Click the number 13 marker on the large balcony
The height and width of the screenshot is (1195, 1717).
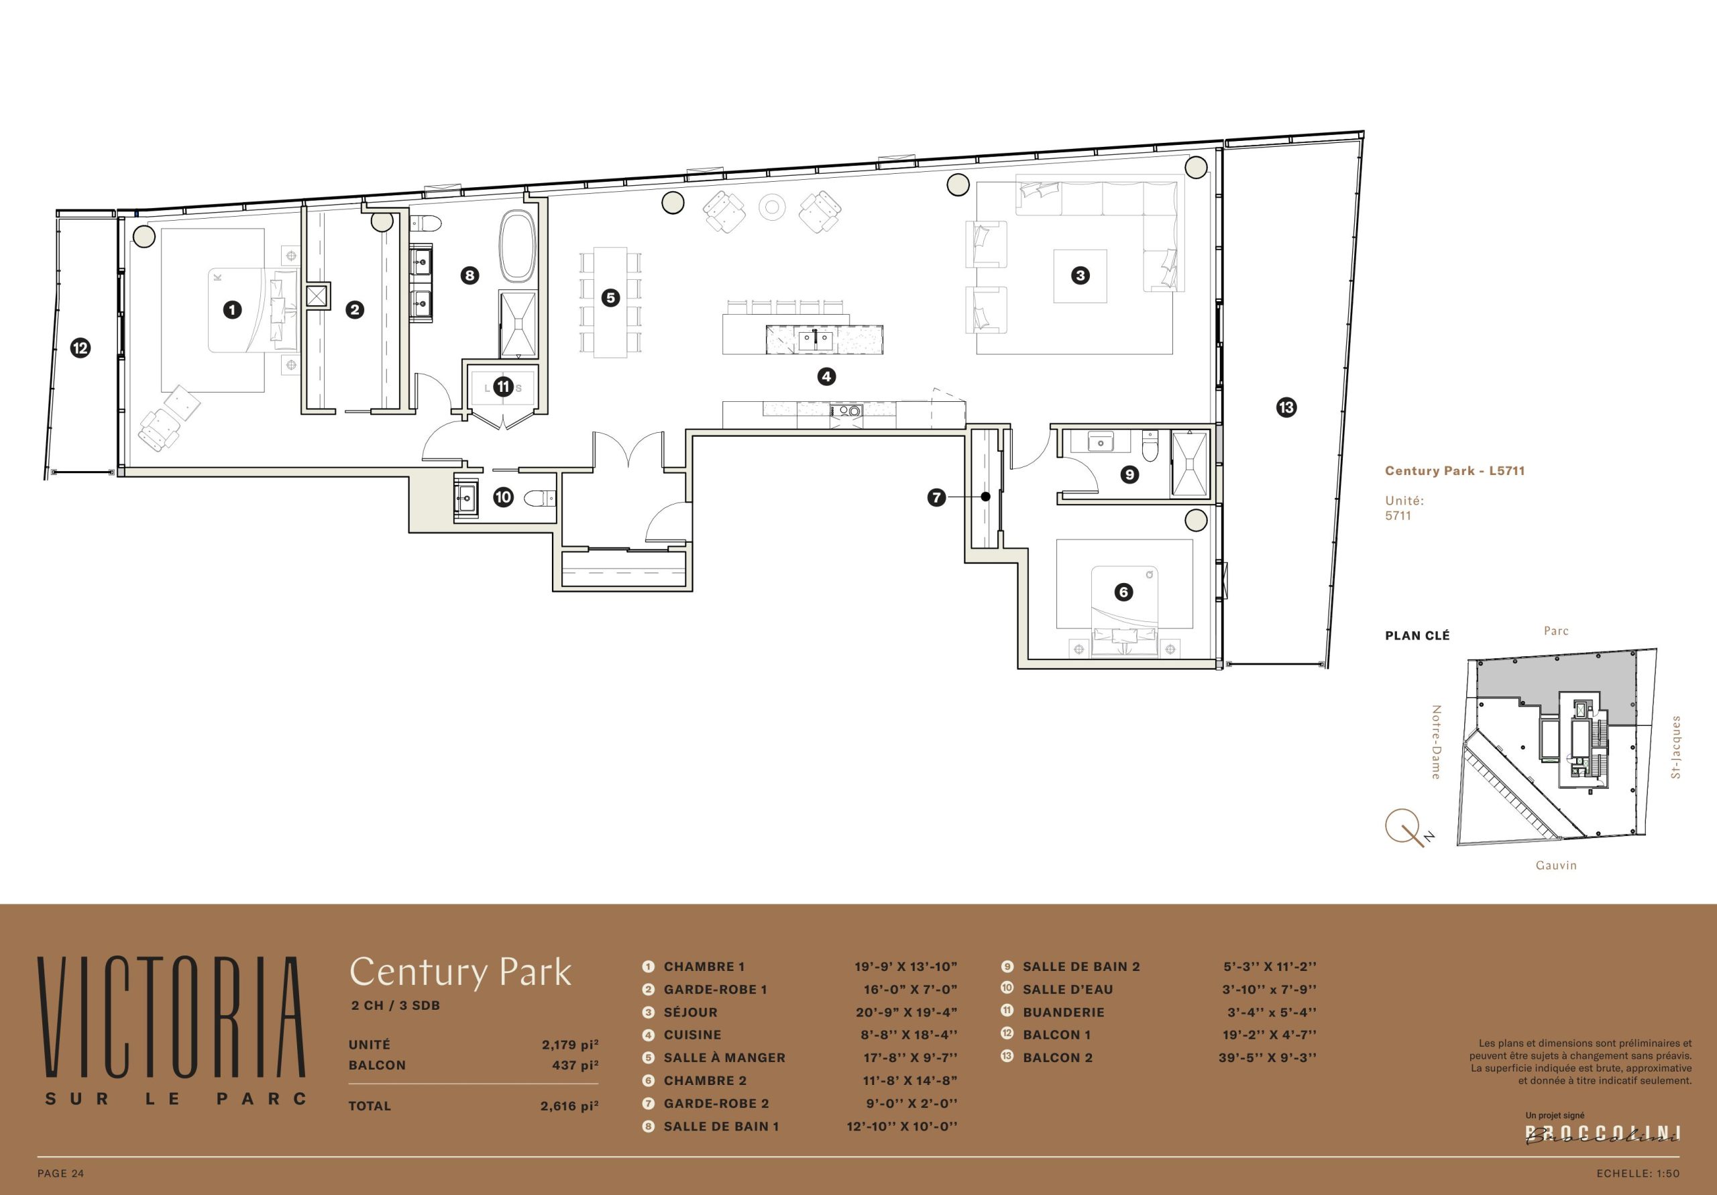point(1286,408)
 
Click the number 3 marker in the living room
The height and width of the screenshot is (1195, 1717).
point(1080,275)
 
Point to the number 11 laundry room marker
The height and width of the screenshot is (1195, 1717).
point(503,387)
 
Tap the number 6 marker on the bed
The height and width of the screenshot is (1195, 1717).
point(1123,592)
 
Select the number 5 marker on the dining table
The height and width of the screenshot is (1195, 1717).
point(611,298)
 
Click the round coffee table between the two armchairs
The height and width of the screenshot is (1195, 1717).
point(773,207)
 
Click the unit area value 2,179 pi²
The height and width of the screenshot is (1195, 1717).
point(570,1045)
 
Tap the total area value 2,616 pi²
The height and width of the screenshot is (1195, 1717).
point(570,1106)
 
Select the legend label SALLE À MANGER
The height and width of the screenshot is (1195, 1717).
point(724,1058)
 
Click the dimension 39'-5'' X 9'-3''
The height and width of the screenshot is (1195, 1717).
point(1268,1058)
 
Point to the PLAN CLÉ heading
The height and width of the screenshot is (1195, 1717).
point(1417,636)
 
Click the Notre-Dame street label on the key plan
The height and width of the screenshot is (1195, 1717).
point(1436,742)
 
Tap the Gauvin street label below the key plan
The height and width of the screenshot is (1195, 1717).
point(1556,866)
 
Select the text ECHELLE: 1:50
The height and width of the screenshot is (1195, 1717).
point(1638,1174)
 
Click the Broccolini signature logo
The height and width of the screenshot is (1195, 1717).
point(1602,1135)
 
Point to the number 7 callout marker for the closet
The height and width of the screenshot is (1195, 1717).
point(937,497)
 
